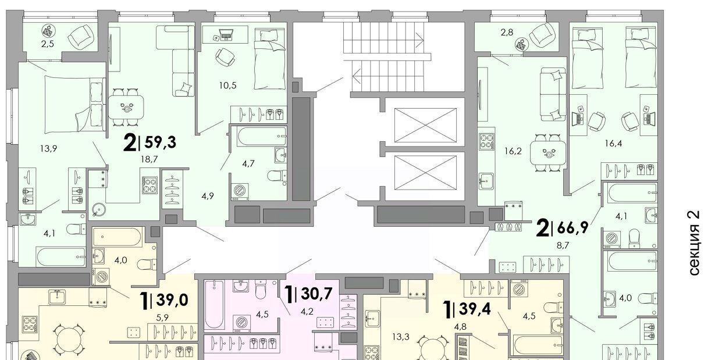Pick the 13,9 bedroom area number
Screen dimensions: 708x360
point(49,148)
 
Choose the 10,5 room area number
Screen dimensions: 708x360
point(227,85)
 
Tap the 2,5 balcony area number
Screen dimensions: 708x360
point(47,44)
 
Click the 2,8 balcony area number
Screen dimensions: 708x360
point(507,32)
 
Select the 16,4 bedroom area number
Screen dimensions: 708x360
point(613,144)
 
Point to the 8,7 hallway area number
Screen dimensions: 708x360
point(563,245)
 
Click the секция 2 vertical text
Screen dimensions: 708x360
point(694,243)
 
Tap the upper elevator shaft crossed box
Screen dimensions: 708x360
point(425,125)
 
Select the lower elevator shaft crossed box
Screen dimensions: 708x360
point(425,173)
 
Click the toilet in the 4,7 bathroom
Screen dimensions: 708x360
point(277,176)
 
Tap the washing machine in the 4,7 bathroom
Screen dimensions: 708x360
point(240,191)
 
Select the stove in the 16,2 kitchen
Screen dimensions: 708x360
point(487,141)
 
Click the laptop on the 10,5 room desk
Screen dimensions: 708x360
point(226,35)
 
